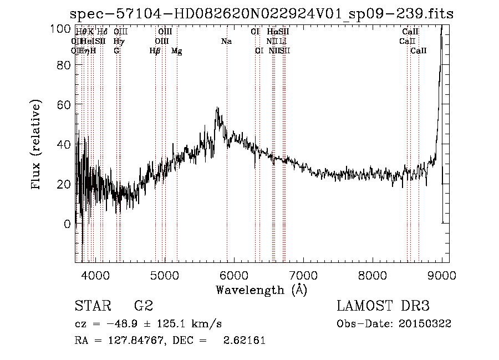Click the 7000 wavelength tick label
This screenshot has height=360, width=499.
[x=303, y=275]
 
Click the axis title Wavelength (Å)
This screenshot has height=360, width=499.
[x=261, y=290]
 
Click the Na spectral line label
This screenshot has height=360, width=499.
[x=226, y=41]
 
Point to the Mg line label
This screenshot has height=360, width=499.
[x=177, y=50]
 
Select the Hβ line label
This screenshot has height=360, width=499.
[x=155, y=50]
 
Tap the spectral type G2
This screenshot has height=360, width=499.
[x=144, y=306]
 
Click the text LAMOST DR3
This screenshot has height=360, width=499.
[x=383, y=306]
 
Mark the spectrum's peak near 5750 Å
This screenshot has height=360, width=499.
[x=217, y=108]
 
